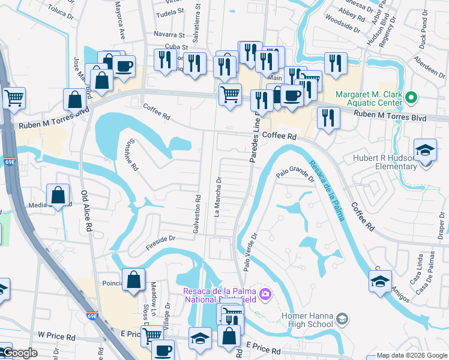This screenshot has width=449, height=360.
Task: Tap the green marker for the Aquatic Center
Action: coord(411,96)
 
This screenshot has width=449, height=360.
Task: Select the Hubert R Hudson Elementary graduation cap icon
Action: coord(424,151)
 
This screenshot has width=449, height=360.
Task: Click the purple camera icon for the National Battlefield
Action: coord(265,294)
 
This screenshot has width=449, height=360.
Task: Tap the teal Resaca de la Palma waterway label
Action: coord(327,190)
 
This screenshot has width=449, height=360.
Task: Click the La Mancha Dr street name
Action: coord(219,197)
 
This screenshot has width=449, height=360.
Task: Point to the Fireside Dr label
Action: coord(160,241)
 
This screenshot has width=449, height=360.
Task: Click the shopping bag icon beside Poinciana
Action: coord(133,280)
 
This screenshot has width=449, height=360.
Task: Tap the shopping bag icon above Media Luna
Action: coord(58,194)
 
